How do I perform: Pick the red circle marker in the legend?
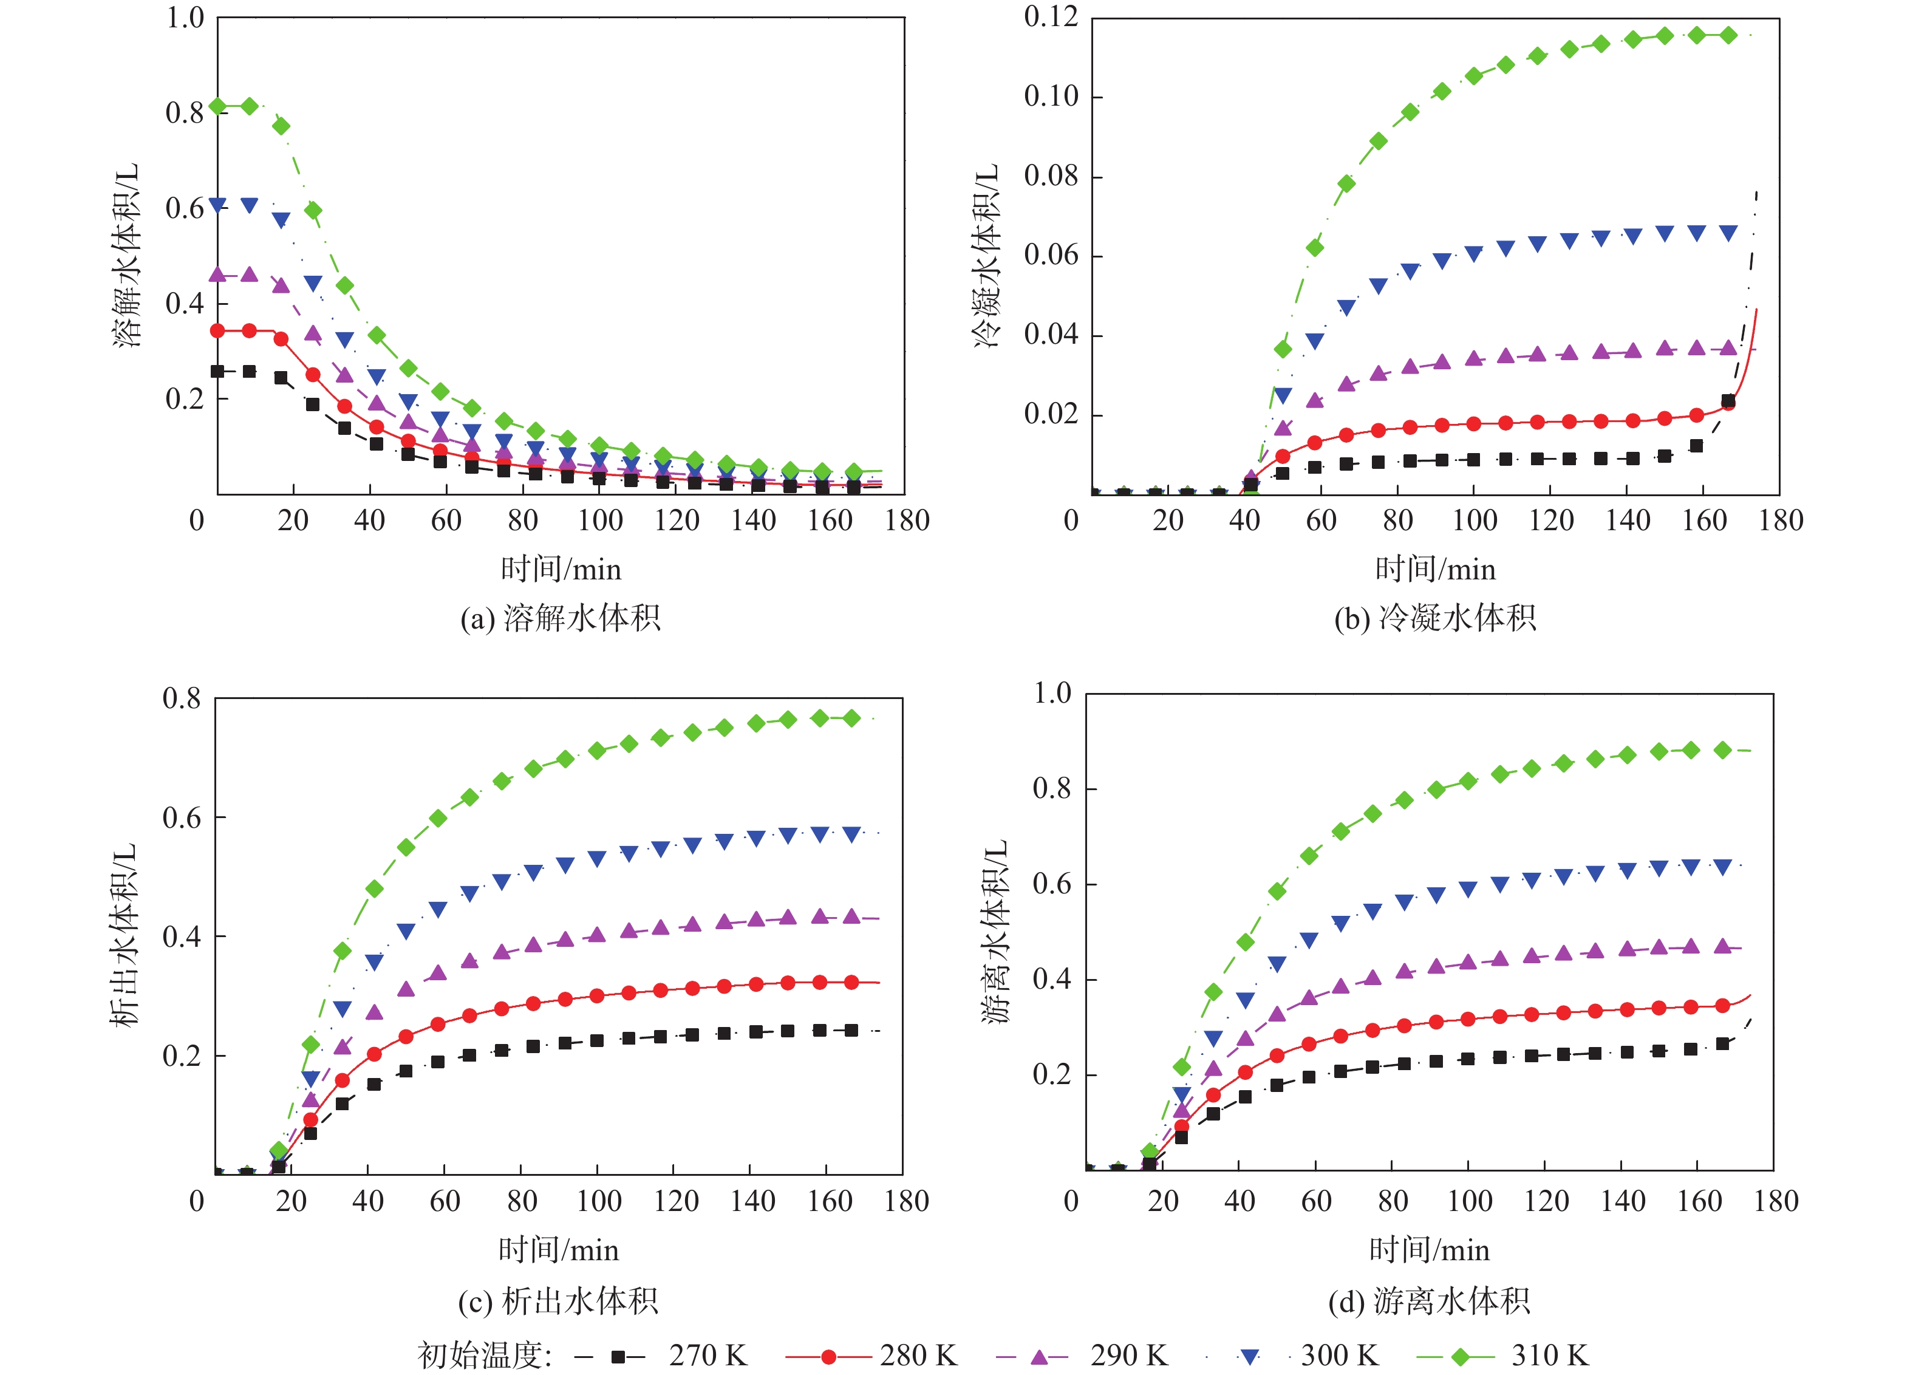(828, 1356)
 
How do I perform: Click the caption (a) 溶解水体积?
(560, 618)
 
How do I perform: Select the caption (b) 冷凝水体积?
(1434, 618)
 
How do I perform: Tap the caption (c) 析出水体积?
(558, 1301)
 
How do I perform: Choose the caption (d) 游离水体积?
(1429, 1301)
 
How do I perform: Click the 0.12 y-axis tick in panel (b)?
(1051, 17)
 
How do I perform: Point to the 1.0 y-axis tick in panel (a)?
(185, 17)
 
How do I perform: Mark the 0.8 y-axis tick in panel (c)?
(182, 698)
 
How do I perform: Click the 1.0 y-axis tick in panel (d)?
(1052, 694)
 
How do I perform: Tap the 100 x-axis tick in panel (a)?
(600, 520)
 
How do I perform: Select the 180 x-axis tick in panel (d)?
(1776, 1201)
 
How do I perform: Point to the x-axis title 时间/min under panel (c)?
(558, 1249)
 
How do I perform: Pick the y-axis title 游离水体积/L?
(995, 931)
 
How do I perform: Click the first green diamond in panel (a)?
(217, 106)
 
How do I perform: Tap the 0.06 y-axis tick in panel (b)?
(1051, 254)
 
